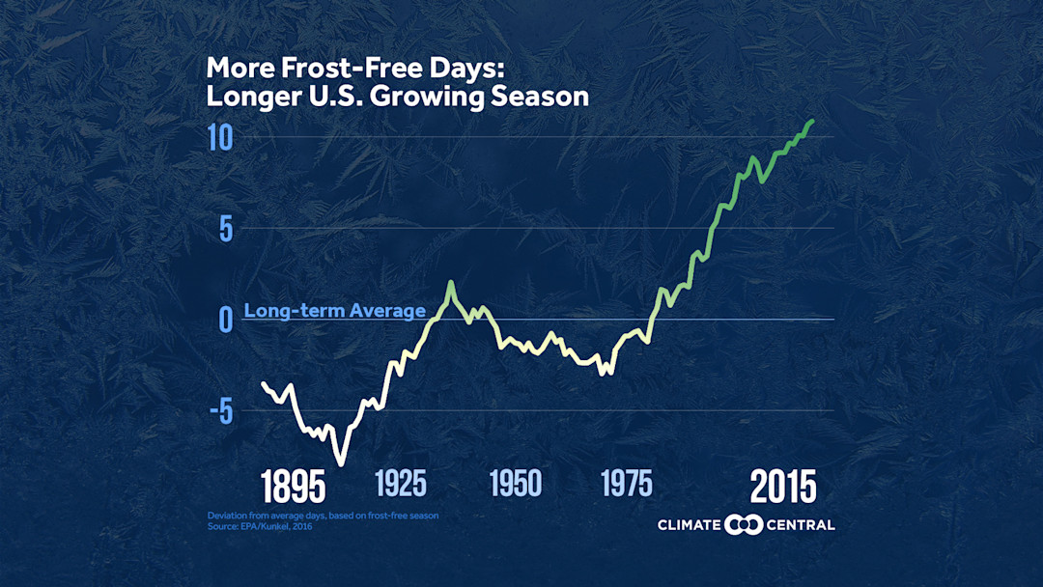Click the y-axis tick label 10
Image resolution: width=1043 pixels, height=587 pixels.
pyautogui.click(x=220, y=137)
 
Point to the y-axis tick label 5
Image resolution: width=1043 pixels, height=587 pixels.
pyautogui.click(x=224, y=229)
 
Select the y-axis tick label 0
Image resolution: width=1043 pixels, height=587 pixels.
pyautogui.click(x=224, y=319)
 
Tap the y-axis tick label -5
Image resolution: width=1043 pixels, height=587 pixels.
pyautogui.click(x=219, y=411)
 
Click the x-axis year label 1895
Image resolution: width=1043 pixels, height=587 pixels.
pyautogui.click(x=293, y=487)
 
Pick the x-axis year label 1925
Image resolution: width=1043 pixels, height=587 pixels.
pyautogui.click(x=400, y=483)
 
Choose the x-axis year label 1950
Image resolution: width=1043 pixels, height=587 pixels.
pyautogui.click(x=515, y=483)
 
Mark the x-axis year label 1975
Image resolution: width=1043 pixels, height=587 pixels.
pyautogui.click(x=626, y=483)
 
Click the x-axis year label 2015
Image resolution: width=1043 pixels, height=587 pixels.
pyautogui.click(x=783, y=487)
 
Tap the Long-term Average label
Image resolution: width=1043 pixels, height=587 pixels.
pyautogui.click(x=334, y=311)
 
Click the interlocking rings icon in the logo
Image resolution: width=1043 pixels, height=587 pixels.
pyautogui.click(x=744, y=524)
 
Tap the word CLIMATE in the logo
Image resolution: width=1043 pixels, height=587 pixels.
pyautogui.click(x=690, y=525)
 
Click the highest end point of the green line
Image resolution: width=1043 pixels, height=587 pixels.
pyautogui.click(x=813, y=121)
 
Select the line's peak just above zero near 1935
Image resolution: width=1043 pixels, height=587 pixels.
pyautogui.click(x=451, y=282)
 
